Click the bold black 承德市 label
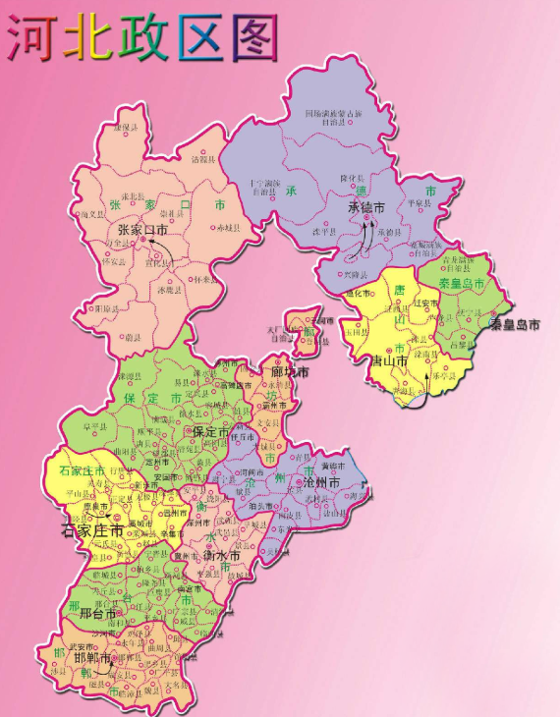[x=365, y=207]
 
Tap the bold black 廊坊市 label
[x=290, y=373]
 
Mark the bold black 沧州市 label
[x=320, y=484]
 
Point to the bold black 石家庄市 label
[x=92, y=530]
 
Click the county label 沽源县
[x=201, y=158]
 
